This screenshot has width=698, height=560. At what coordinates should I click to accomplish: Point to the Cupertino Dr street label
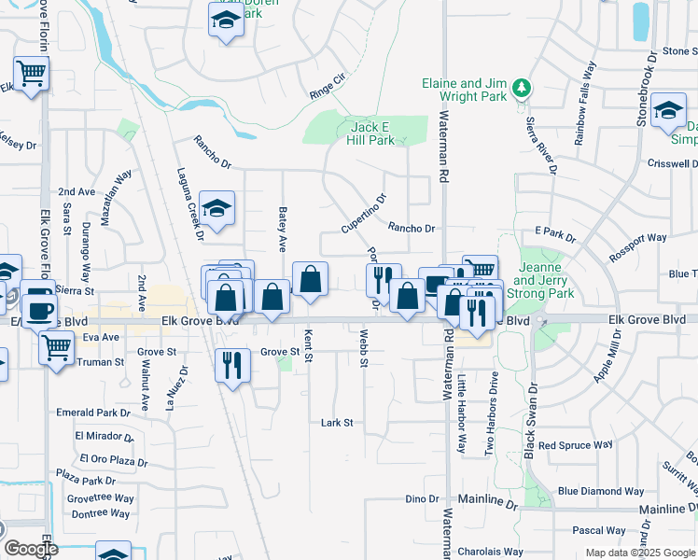tap(363, 214)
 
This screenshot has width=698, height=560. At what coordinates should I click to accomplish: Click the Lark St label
tap(337, 423)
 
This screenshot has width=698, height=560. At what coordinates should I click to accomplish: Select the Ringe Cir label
tap(326, 91)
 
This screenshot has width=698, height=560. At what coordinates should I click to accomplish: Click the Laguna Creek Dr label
tap(188, 204)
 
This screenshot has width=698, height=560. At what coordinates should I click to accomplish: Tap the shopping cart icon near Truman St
tap(57, 348)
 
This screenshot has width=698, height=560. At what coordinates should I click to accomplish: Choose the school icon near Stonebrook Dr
tap(668, 110)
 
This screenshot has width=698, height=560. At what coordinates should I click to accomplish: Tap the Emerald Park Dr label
tap(93, 413)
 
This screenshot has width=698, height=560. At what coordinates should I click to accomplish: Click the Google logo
tap(30, 549)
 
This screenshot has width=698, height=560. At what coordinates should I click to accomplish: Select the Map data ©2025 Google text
tap(639, 553)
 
